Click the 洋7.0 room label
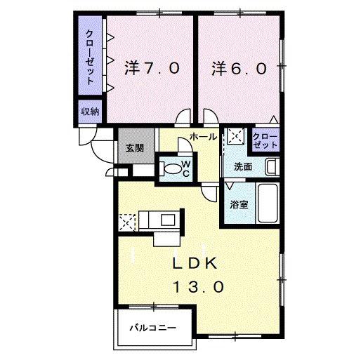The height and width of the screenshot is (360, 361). click(x=152, y=68)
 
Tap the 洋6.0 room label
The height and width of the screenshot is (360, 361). click(x=239, y=68)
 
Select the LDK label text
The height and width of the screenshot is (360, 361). click(x=195, y=264)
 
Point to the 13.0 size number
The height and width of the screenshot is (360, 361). click(x=198, y=287)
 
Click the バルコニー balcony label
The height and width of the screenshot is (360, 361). click(x=152, y=328)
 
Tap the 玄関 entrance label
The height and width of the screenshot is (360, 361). click(x=135, y=148)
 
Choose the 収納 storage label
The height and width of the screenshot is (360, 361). click(x=91, y=112)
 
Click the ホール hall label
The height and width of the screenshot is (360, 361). click(x=203, y=136)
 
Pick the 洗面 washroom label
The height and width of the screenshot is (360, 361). click(x=243, y=167)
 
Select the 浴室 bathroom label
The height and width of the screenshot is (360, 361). click(x=239, y=205)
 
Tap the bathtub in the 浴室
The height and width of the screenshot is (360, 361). click(x=268, y=203)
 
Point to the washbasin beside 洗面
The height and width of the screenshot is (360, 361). click(x=273, y=167)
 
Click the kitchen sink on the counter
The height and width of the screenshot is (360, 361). click(x=168, y=220)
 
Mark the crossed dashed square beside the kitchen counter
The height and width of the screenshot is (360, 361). click(x=127, y=222)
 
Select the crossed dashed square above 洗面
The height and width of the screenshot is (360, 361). click(x=236, y=136)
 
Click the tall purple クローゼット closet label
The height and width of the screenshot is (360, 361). click(x=90, y=58)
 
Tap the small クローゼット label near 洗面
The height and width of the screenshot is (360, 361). click(x=265, y=140)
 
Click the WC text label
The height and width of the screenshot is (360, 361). click(x=186, y=169)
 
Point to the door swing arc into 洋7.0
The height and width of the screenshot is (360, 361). click(x=181, y=113)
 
